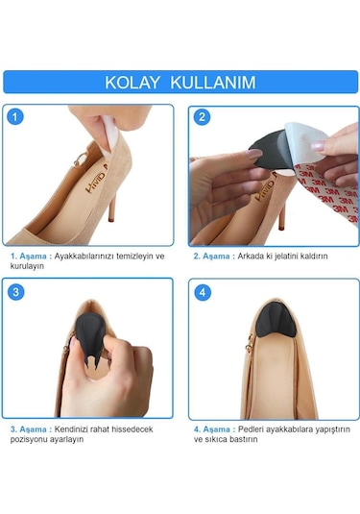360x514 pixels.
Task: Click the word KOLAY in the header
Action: (133, 83)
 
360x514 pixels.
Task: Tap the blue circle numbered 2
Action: (202, 118)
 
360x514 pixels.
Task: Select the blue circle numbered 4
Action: (202, 291)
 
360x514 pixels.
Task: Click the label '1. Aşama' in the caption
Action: (32, 257)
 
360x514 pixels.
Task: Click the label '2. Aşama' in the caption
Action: (215, 257)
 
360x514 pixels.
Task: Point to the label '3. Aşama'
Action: (32, 428)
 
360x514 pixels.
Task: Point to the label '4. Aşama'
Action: (215, 428)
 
